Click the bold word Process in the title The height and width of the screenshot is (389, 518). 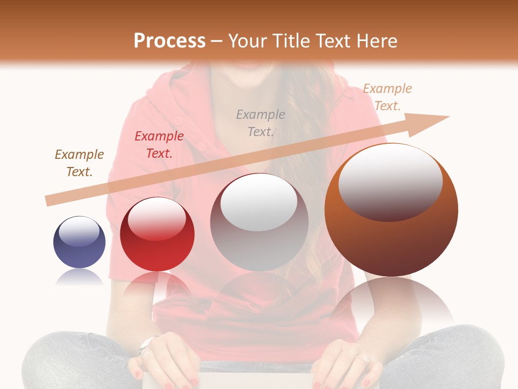[169, 41]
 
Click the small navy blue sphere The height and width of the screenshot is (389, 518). [79, 243]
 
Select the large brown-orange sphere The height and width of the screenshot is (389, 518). [391, 211]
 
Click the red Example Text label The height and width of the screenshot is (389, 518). [159, 145]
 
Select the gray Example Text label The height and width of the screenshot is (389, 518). [261, 123]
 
